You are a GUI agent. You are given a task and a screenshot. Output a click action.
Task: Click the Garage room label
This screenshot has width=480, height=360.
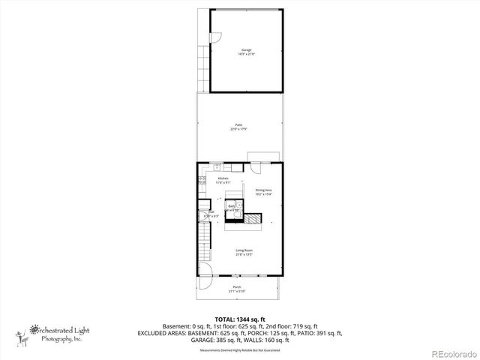tap(246, 52)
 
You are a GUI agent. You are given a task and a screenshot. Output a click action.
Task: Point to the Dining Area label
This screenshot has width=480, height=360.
tap(262, 192)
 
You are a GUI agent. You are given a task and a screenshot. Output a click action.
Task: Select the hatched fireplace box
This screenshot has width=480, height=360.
tap(256, 219)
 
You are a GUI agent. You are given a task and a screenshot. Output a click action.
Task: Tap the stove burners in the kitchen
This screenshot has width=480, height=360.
tap(202, 180)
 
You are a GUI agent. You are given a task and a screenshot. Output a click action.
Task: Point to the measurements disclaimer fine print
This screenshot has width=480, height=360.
tap(239, 350)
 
